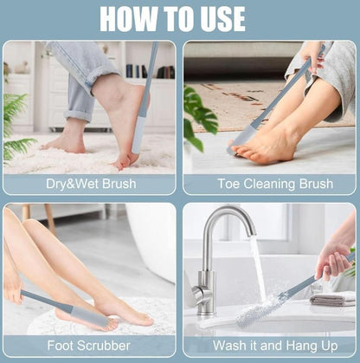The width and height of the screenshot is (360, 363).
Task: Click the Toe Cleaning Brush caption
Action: click(269, 184)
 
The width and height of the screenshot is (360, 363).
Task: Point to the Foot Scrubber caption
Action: click(89, 345)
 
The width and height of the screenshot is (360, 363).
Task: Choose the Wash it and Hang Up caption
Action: click(269, 345)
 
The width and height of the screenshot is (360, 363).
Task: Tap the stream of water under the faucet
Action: click(256, 269)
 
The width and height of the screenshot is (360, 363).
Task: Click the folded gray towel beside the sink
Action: click(332, 299)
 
